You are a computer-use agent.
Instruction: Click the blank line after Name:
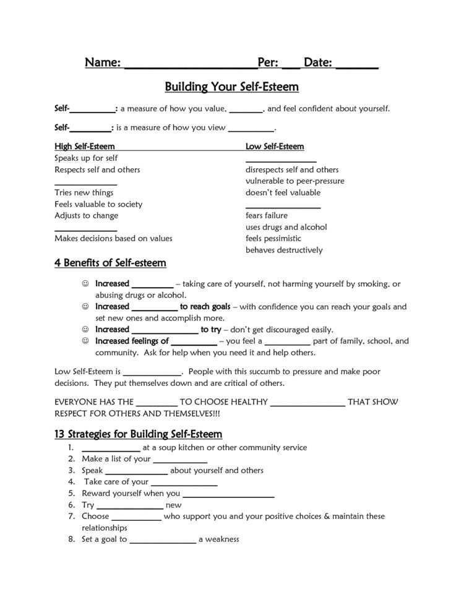[x=191, y=64]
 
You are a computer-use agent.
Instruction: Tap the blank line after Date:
[x=357, y=64]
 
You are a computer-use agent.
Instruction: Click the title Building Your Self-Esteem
[x=232, y=85]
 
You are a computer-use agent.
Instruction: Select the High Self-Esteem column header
[x=85, y=147]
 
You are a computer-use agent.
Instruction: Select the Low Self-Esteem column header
[x=275, y=147]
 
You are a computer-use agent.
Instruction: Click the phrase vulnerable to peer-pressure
[x=294, y=181]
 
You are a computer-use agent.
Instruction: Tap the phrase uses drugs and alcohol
[x=286, y=227]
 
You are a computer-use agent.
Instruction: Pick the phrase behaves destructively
[x=284, y=251]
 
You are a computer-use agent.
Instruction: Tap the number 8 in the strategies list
[x=72, y=539]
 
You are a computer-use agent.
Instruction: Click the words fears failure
[x=267, y=216]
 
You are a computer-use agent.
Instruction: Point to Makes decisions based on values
[x=113, y=239]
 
